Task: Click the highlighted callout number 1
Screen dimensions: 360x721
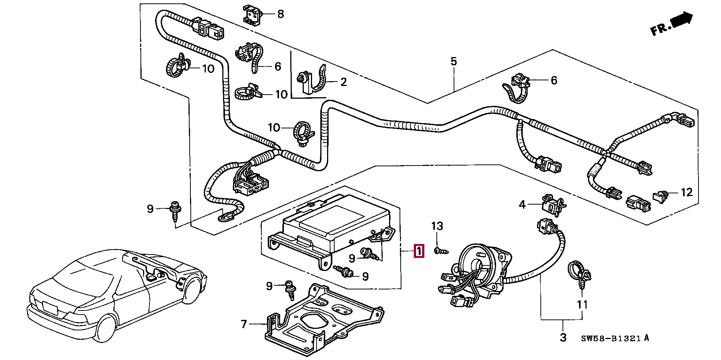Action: [x=418, y=251]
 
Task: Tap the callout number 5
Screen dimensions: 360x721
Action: [x=454, y=61]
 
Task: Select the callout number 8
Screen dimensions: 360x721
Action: [x=280, y=14]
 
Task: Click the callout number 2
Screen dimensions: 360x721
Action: [x=343, y=82]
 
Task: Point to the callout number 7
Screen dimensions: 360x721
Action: [x=244, y=324]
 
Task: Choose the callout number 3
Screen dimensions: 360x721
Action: [x=563, y=337]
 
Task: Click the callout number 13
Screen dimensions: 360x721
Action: [x=437, y=226]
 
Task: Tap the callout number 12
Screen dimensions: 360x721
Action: [x=686, y=193]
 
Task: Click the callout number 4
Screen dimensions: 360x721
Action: [x=522, y=205]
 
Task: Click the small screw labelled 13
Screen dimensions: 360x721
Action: [x=439, y=251]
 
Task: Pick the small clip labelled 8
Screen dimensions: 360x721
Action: [x=251, y=15]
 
